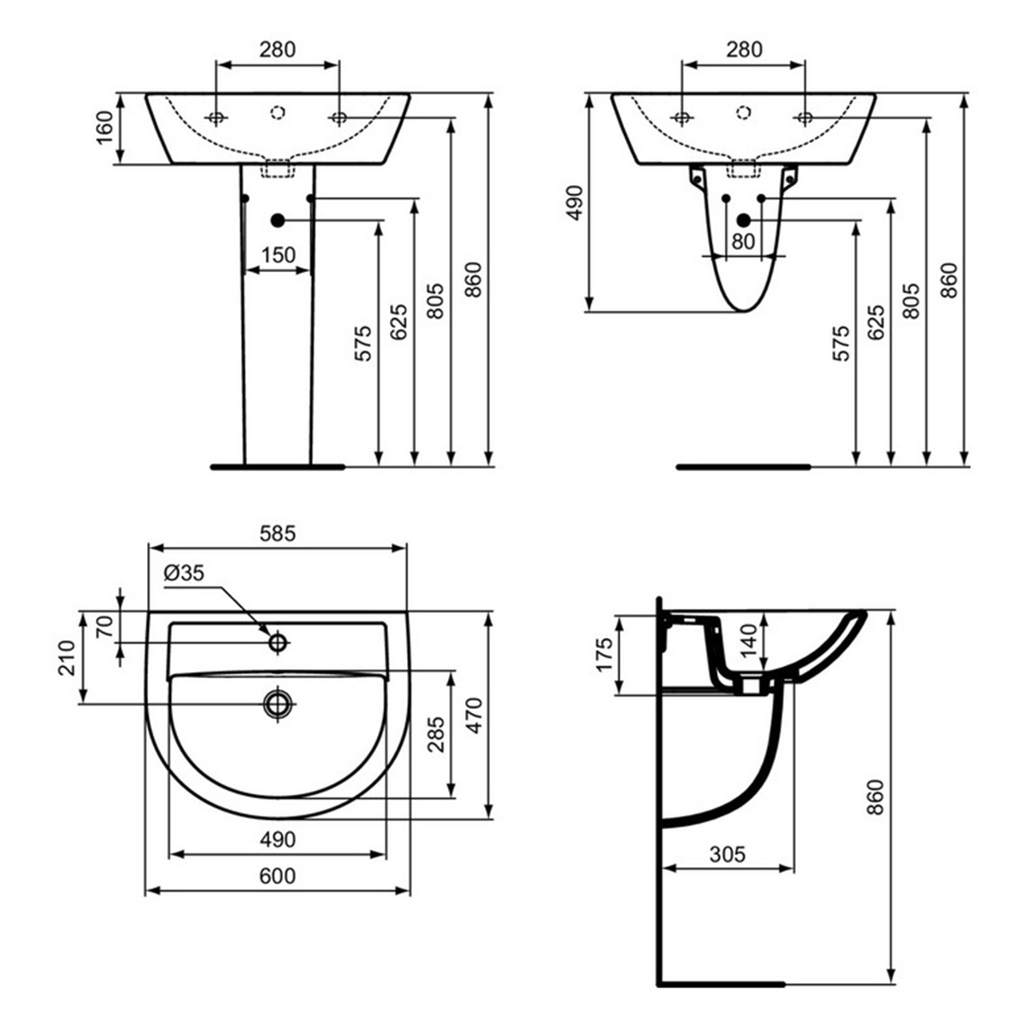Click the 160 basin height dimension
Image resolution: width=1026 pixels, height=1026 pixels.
[x=103, y=129]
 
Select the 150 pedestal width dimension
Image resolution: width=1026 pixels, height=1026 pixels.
[x=278, y=255]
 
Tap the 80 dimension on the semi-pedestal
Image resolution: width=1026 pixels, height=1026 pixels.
[x=743, y=242]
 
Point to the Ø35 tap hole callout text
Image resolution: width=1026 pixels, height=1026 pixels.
[x=184, y=574]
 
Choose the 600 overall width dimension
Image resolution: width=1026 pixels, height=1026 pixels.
[x=278, y=876]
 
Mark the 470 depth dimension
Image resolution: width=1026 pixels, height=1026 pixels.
[x=475, y=715]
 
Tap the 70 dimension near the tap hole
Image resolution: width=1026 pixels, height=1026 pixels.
[x=104, y=628]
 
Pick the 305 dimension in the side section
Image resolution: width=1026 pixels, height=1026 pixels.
[x=728, y=852]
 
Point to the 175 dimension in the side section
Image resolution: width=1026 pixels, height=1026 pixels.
[x=604, y=654]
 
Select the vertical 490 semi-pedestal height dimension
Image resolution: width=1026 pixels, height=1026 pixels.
[x=575, y=203]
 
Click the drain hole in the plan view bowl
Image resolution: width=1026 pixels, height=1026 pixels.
[x=278, y=704]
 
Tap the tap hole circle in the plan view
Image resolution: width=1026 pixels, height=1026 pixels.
[x=278, y=641]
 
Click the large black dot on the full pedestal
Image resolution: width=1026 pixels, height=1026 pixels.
[x=277, y=221]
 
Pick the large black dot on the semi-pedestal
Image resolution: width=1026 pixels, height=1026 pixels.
[x=743, y=221]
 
